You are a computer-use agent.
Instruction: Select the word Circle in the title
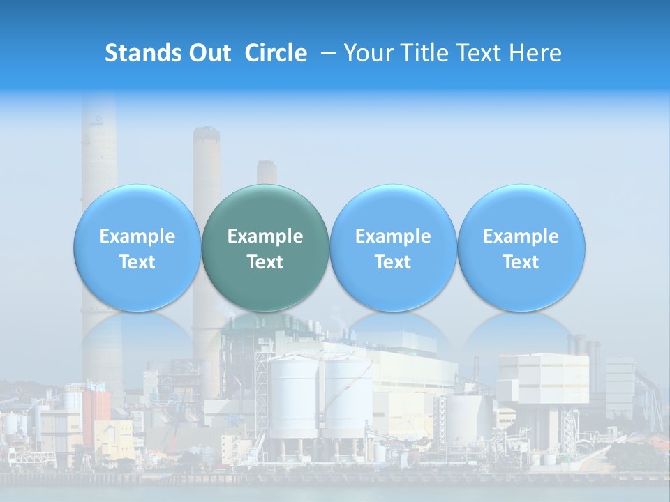tap(276, 53)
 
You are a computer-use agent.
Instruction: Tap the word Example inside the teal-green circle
tap(265, 236)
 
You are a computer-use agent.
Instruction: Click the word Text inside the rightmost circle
tap(521, 262)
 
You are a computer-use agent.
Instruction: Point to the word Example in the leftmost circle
tap(137, 236)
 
